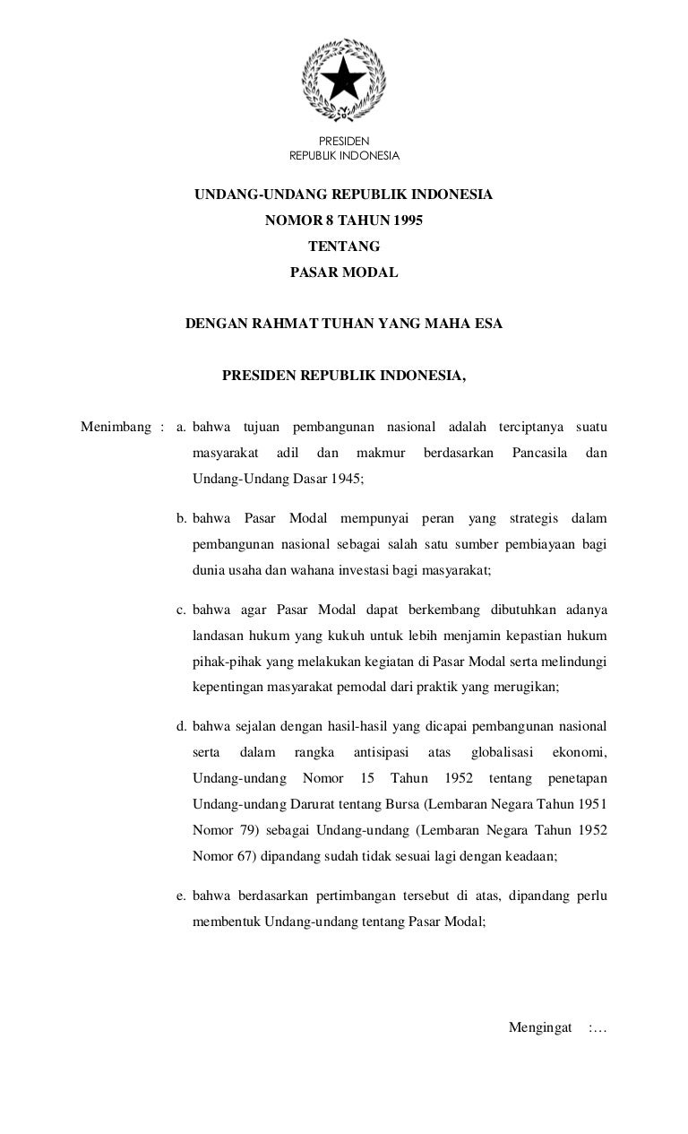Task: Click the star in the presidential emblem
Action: (343, 81)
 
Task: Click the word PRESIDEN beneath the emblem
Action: (344, 141)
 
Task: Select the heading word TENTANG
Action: (344, 247)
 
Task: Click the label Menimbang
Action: (115, 427)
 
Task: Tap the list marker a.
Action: (181, 427)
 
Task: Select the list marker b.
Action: (181, 519)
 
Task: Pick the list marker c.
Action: (181, 611)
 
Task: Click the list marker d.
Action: (181, 726)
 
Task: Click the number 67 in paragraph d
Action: (248, 856)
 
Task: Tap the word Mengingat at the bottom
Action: (540, 1026)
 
